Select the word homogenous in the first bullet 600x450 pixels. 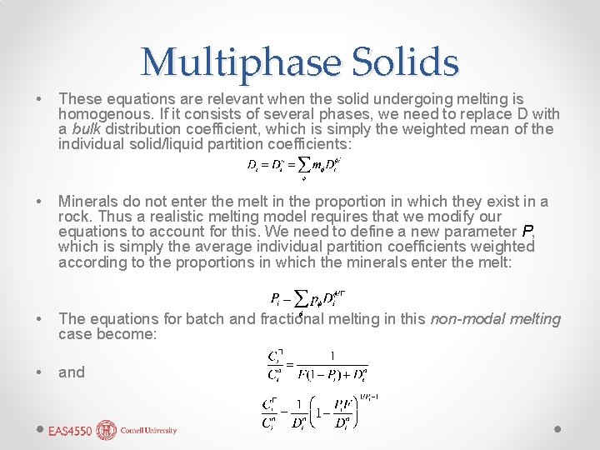click(102, 113)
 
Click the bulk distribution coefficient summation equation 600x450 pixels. click(294, 165)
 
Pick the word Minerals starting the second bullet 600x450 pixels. click(87, 201)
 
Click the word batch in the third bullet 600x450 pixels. click(206, 318)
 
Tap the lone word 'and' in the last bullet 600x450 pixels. click(72, 372)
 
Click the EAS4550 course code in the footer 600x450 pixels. click(70, 431)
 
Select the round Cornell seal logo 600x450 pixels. click(107, 430)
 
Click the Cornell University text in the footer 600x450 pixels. click(148, 431)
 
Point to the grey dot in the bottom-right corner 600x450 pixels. click(559, 429)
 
